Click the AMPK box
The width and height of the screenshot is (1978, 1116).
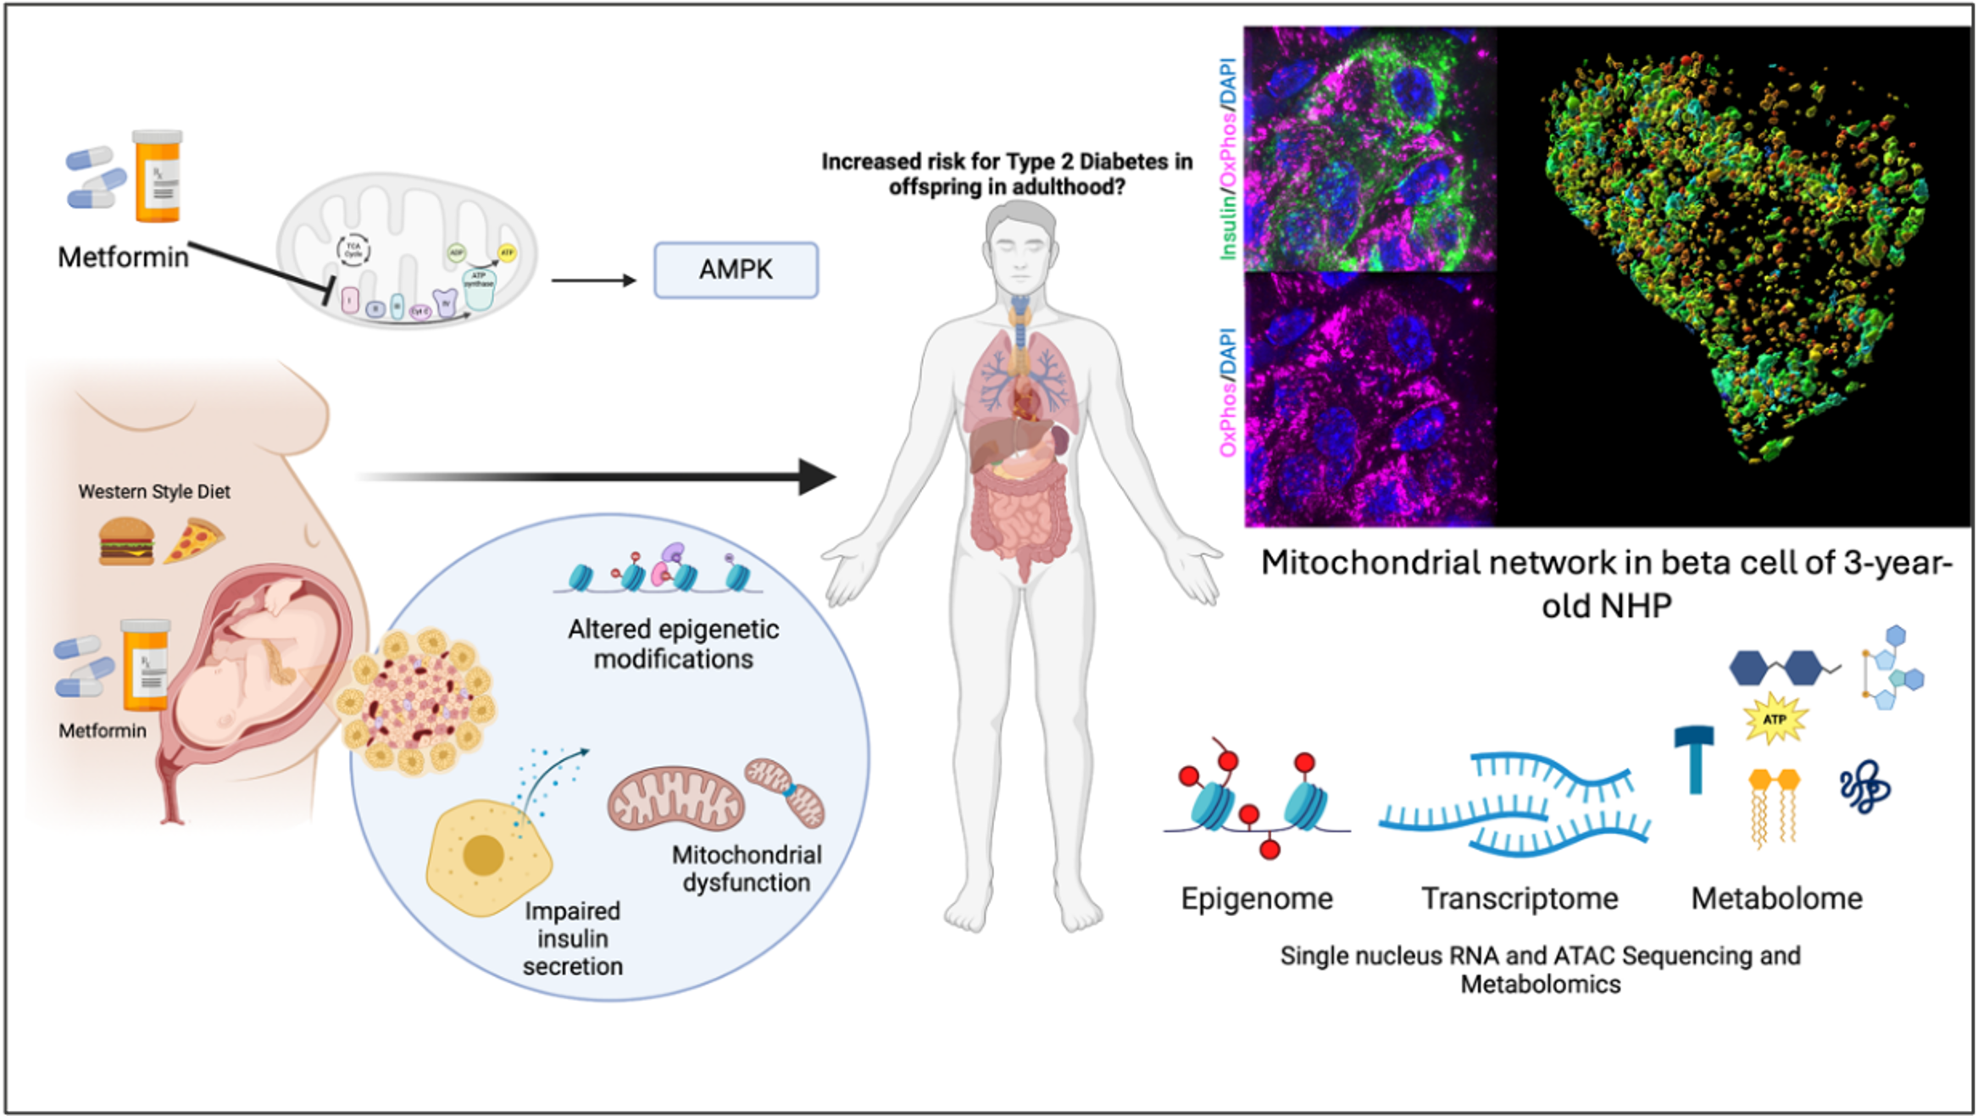[736, 270]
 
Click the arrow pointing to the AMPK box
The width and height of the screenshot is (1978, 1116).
[593, 280]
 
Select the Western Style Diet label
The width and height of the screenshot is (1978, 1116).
[154, 491]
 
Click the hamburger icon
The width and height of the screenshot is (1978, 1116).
[126, 541]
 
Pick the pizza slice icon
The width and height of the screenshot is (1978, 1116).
[194, 540]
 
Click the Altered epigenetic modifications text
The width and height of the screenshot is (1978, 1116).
[673, 644]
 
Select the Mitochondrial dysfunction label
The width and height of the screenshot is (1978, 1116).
[747, 869]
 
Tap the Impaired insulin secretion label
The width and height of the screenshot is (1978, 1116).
[572, 938]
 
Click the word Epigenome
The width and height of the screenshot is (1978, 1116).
[1256, 898]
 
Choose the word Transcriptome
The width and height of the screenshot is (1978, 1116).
[1520, 898]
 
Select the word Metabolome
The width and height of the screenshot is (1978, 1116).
[1776, 898]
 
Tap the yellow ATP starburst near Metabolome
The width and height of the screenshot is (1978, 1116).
[1775, 719]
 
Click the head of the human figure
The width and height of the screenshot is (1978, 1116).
[1020, 246]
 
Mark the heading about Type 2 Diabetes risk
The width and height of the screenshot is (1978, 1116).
[1006, 174]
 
